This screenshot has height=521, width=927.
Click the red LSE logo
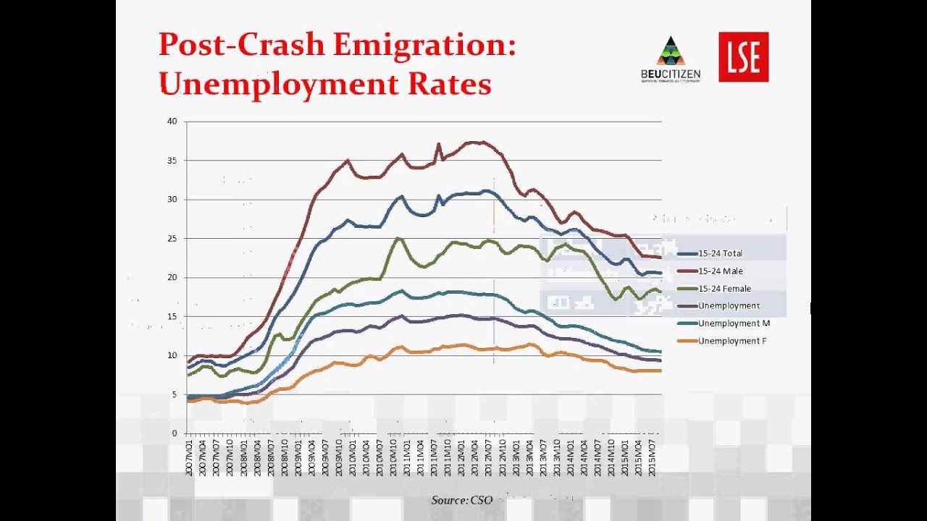pyautogui.click(x=743, y=56)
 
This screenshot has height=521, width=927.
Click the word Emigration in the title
pyautogui.click(x=425, y=45)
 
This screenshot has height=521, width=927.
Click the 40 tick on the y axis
pyautogui.click(x=172, y=122)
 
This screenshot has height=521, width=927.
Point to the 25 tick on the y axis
pyautogui.click(x=172, y=238)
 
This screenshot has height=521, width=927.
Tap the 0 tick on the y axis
pyautogui.click(x=174, y=433)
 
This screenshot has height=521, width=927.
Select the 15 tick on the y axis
pyautogui.click(x=172, y=316)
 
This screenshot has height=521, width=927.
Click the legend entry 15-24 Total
pyautogui.click(x=719, y=253)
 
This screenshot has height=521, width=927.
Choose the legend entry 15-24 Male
pyautogui.click(x=719, y=271)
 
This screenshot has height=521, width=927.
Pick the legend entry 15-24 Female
pyautogui.click(x=722, y=289)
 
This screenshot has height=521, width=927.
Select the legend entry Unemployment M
pyautogui.click(x=734, y=323)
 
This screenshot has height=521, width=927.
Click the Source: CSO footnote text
pyautogui.click(x=461, y=500)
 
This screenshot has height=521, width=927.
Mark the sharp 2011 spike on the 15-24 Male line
pyautogui.click(x=438, y=144)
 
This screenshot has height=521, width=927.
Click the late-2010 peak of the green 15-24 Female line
pyautogui.click(x=398, y=238)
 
